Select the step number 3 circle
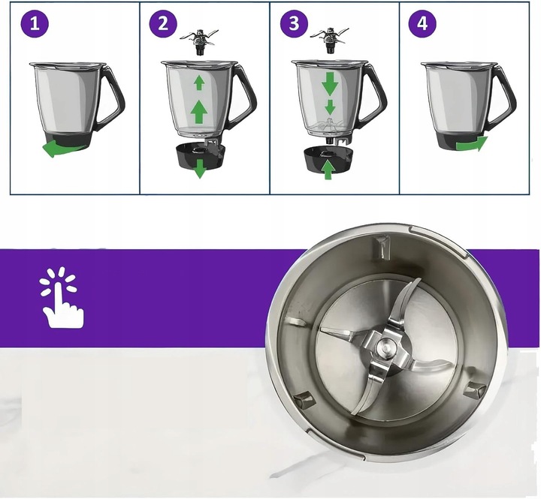point(293,24)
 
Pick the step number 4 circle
point(422,24)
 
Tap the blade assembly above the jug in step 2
point(199,42)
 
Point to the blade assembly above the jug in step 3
point(329,39)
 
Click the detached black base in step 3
point(328,158)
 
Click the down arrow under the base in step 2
point(199,169)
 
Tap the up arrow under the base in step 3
point(328,170)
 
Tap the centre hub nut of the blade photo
point(386,347)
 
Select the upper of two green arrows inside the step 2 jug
point(199,81)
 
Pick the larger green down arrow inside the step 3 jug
point(330,83)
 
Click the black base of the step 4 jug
point(455,140)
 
